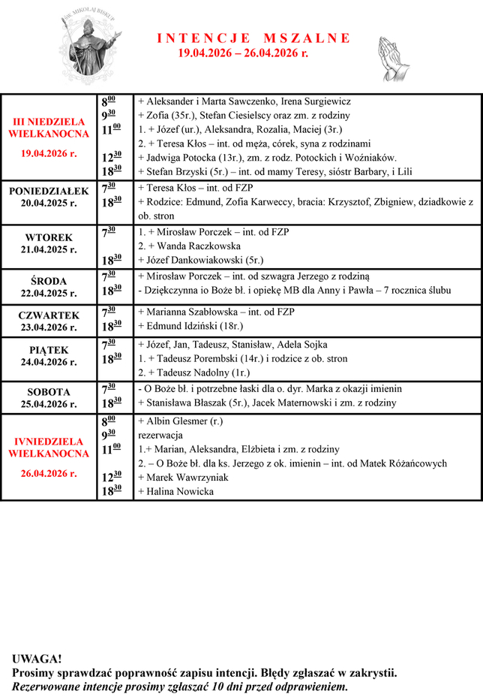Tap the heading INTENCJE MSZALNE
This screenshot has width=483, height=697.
pyautogui.click(x=253, y=38)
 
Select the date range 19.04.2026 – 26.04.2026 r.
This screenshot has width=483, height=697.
pyautogui.click(x=243, y=53)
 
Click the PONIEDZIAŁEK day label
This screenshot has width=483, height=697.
pyautogui.click(x=49, y=192)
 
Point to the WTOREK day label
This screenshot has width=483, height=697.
pyautogui.click(x=49, y=238)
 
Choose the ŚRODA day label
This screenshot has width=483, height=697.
pyautogui.click(x=49, y=282)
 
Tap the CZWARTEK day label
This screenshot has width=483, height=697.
pyautogui.click(x=49, y=316)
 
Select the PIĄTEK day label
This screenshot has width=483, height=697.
pyautogui.click(x=49, y=350)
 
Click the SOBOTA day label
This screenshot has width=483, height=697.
pyautogui.click(x=49, y=392)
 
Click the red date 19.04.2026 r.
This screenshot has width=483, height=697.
pyautogui.click(x=49, y=153)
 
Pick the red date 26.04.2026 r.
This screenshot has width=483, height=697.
pyautogui.click(x=49, y=473)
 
